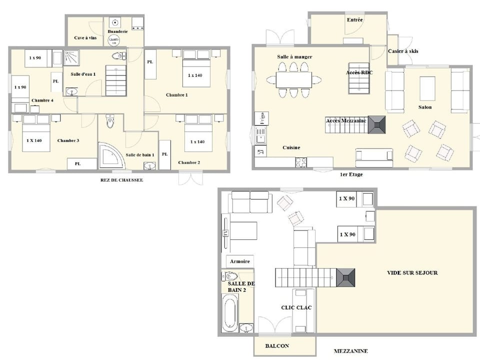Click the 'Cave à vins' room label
[x=85, y=37]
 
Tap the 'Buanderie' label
[x=117, y=31]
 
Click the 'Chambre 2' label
[x=189, y=162]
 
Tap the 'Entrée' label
[x=354, y=19]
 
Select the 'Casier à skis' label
[x=403, y=51]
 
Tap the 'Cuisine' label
[x=291, y=147]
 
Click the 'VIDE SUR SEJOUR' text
[x=412, y=272]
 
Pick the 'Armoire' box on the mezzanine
[x=239, y=261]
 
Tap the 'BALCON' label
[x=277, y=345]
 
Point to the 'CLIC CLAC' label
[x=296, y=307]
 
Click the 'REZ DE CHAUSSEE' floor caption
[x=121, y=180]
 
